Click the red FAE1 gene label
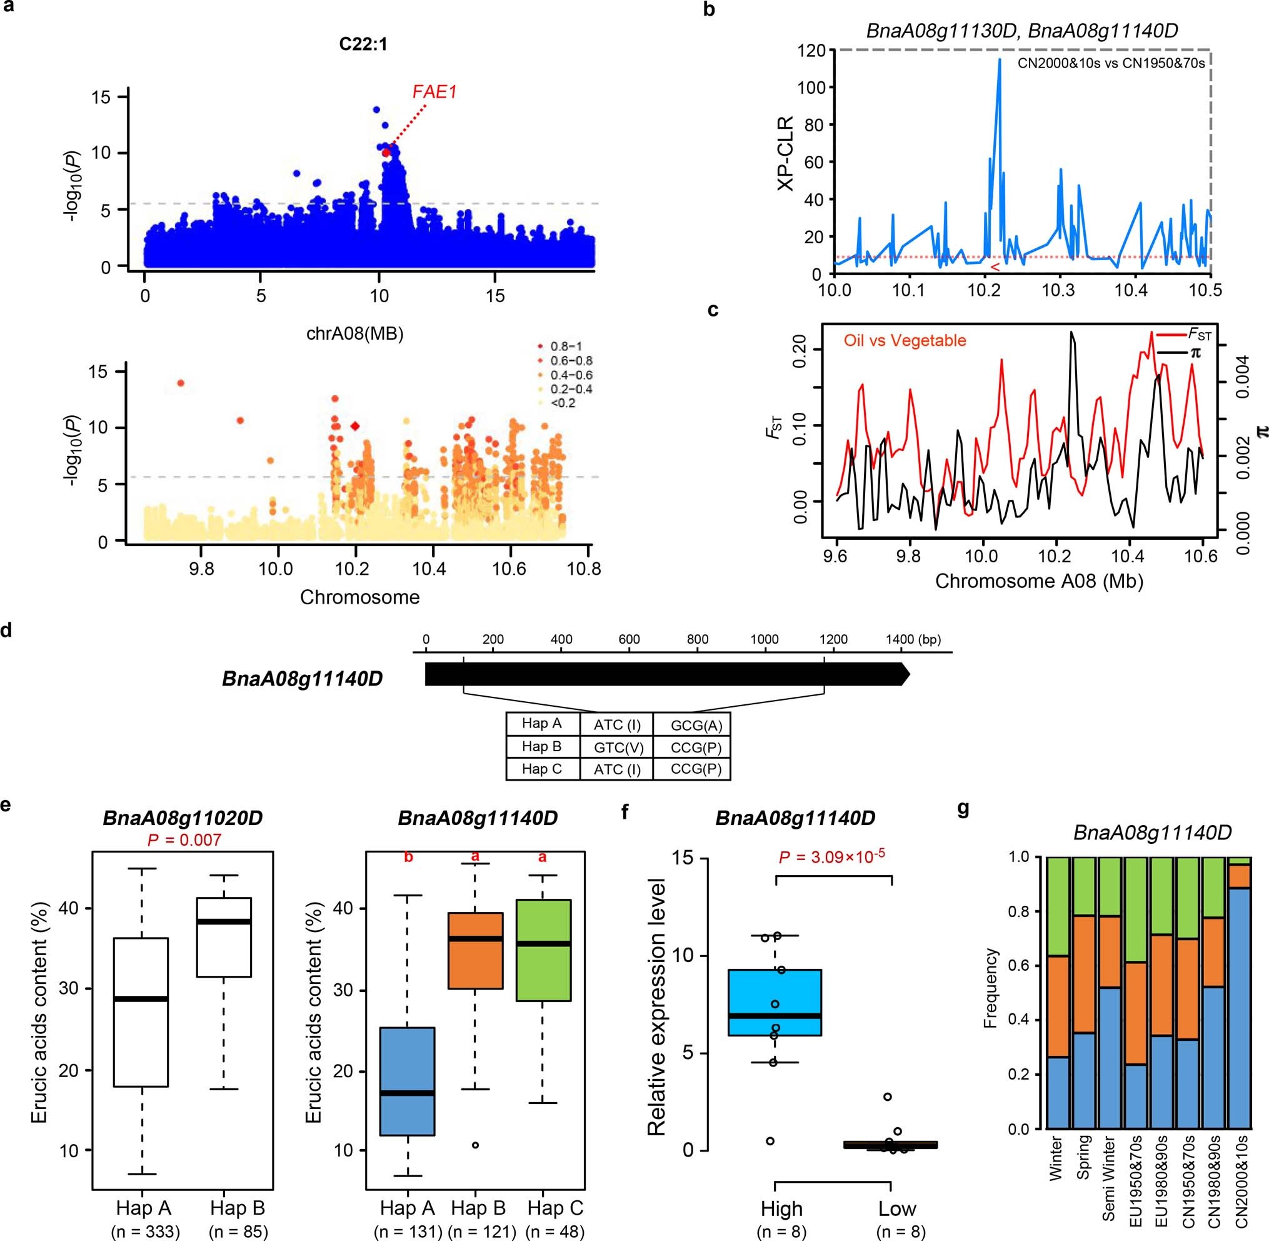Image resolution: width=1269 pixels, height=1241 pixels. click(434, 93)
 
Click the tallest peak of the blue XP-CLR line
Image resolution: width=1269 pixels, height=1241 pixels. click(999, 61)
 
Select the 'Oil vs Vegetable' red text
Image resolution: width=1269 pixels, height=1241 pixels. click(905, 340)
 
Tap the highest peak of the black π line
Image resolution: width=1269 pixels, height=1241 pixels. click(1071, 333)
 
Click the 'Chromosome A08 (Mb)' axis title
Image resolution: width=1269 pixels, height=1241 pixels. click(1039, 580)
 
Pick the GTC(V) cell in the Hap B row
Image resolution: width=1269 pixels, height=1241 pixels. click(616, 747)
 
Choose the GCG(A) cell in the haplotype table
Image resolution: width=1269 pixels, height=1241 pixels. click(696, 725)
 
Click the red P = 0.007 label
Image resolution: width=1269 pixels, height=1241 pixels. click(184, 839)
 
